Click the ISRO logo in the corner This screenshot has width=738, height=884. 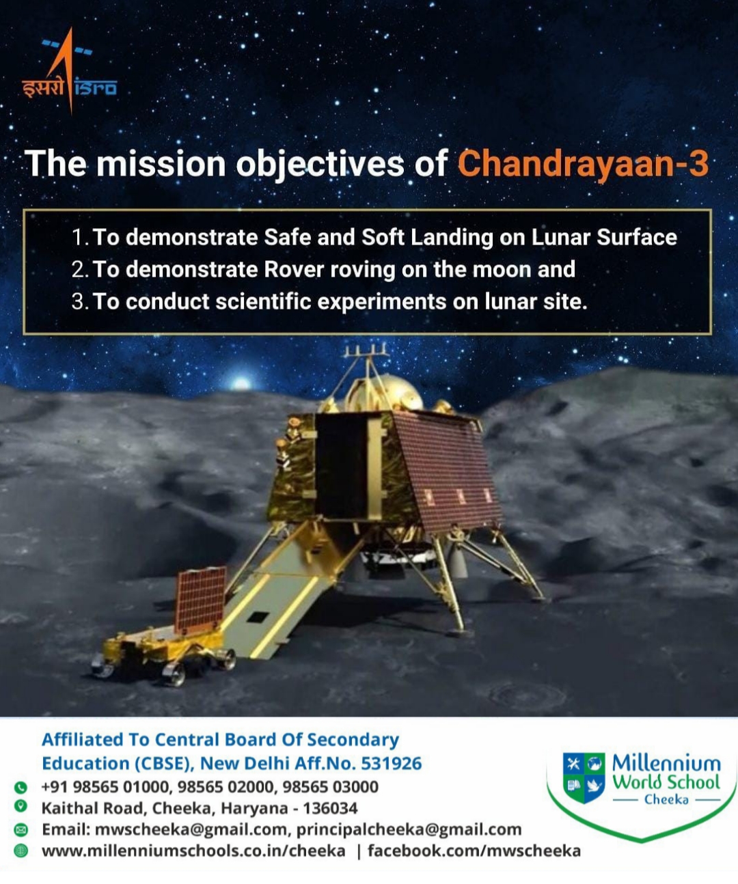point(70,70)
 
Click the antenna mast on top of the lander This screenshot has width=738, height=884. point(367,360)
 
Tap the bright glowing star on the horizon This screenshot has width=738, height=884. point(241,383)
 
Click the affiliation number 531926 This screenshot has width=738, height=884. point(392,763)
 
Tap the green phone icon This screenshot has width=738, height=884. point(20,787)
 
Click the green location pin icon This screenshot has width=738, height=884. point(20,806)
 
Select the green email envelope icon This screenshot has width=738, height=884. point(20,829)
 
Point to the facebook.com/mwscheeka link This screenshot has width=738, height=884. point(474,851)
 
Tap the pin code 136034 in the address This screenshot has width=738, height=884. point(330,808)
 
